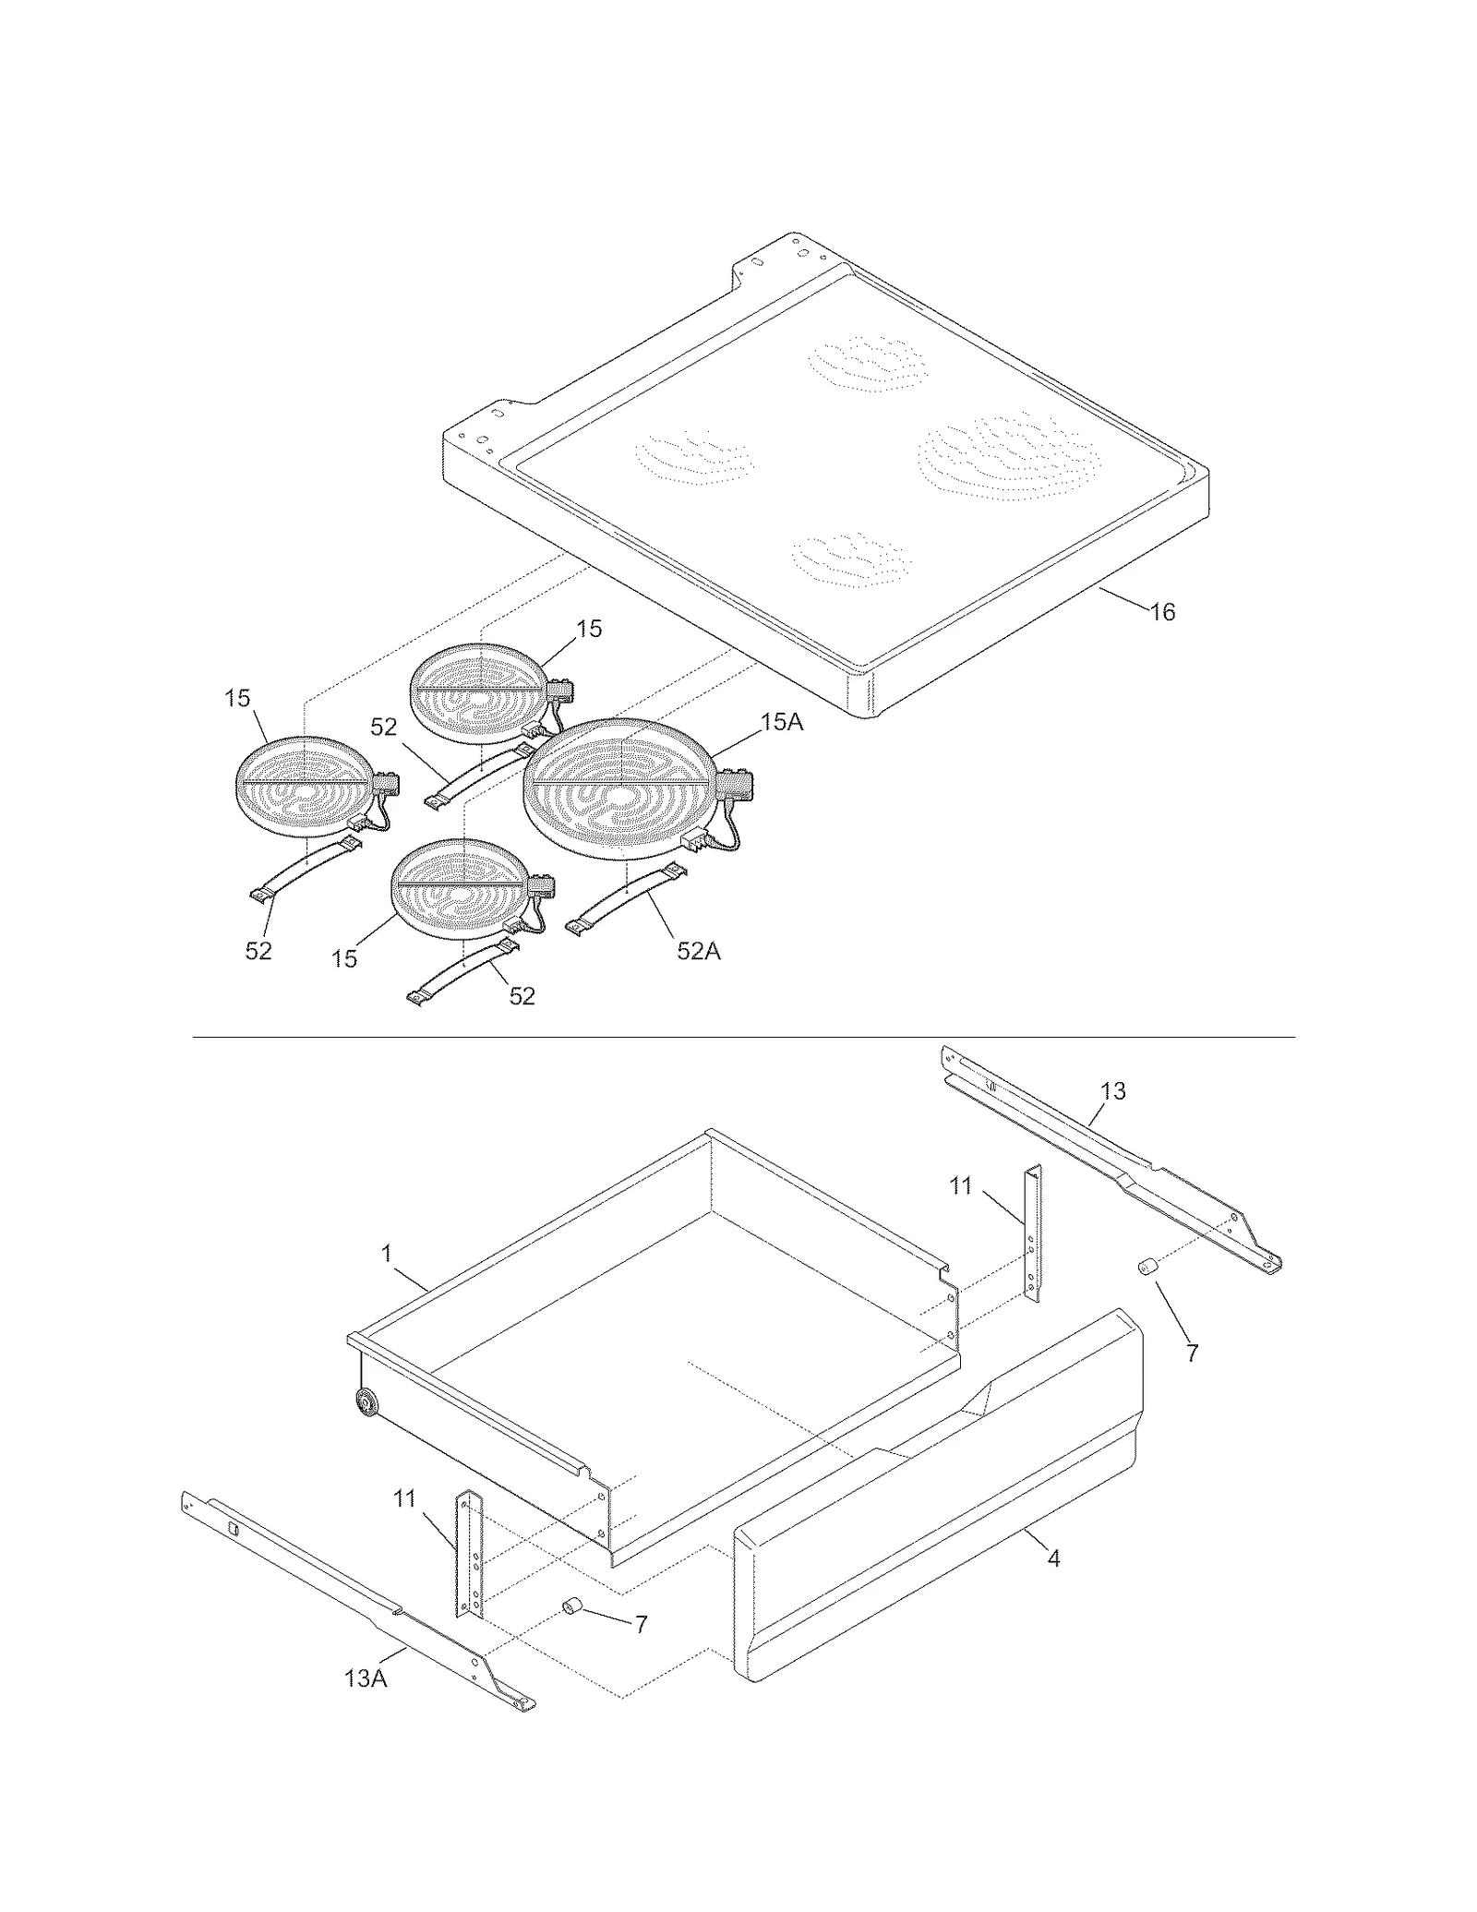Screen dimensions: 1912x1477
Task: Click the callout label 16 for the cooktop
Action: (x=1163, y=611)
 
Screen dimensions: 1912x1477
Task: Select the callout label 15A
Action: (x=781, y=722)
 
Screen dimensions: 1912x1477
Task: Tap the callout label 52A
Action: (x=698, y=950)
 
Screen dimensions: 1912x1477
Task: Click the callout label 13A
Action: (x=366, y=1678)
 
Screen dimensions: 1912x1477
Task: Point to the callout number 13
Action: (x=1113, y=1090)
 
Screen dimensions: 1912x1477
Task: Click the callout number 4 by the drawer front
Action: (x=1053, y=1558)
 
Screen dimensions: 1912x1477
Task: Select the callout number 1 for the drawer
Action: (x=387, y=1254)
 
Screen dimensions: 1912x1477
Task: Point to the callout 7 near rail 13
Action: (x=1192, y=1353)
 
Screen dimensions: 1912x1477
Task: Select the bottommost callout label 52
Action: (x=522, y=996)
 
